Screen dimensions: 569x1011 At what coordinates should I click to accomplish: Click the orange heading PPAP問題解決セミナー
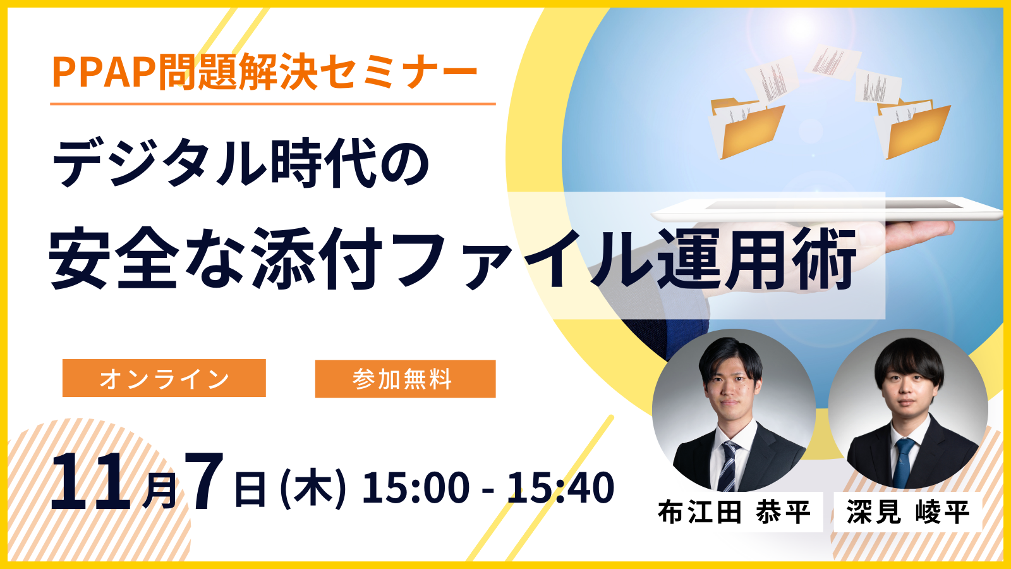tap(264, 72)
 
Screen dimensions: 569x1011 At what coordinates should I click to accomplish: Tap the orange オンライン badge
tap(164, 379)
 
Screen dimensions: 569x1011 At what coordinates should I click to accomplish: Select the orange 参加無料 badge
tap(405, 379)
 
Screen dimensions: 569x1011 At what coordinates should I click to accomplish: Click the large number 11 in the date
tap(90, 483)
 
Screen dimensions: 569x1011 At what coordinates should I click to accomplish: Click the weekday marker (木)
tap(313, 488)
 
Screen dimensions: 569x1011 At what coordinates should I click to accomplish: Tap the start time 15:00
tap(416, 488)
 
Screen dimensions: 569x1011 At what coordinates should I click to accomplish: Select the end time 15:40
tap(560, 488)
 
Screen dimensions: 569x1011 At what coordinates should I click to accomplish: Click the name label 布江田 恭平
tap(734, 512)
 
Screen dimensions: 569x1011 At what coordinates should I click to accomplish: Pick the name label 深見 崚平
tap(908, 512)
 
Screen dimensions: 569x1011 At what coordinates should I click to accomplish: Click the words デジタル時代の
tap(241, 164)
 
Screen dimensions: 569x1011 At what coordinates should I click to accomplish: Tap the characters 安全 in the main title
tap(114, 259)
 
